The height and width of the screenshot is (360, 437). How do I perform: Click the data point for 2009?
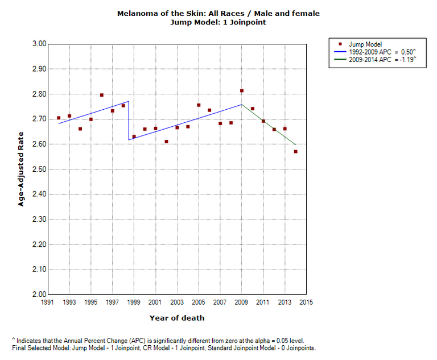[242, 91]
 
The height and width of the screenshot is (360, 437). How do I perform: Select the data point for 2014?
[295, 152]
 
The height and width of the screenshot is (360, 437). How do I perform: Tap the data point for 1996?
[102, 95]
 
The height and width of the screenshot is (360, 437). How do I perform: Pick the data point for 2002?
[166, 142]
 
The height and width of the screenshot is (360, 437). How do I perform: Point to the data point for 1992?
[59, 118]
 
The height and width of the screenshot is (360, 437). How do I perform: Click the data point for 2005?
[199, 105]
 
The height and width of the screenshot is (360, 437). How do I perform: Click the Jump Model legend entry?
[365, 44]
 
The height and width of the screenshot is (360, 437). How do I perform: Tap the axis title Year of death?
[177, 318]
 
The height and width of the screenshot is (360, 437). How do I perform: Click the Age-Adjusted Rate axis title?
[21, 169]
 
